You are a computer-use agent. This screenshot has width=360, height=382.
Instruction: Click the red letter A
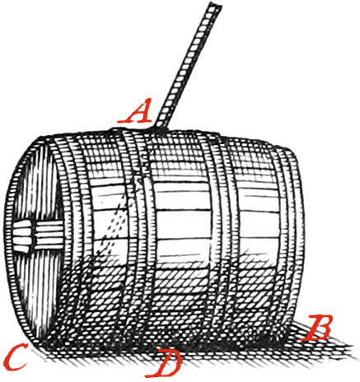click(x=135, y=111)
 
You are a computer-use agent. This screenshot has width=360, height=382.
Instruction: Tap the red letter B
click(x=316, y=328)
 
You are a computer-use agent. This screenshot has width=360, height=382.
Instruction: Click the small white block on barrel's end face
click(x=21, y=236)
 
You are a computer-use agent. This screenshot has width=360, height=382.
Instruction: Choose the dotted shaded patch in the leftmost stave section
click(x=115, y=224)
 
